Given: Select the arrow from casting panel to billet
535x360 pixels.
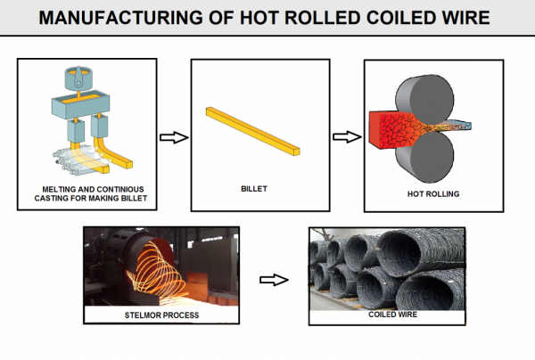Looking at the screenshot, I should click(x=172, y=137).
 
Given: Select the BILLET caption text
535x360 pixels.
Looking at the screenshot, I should click(x=253, y=190).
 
